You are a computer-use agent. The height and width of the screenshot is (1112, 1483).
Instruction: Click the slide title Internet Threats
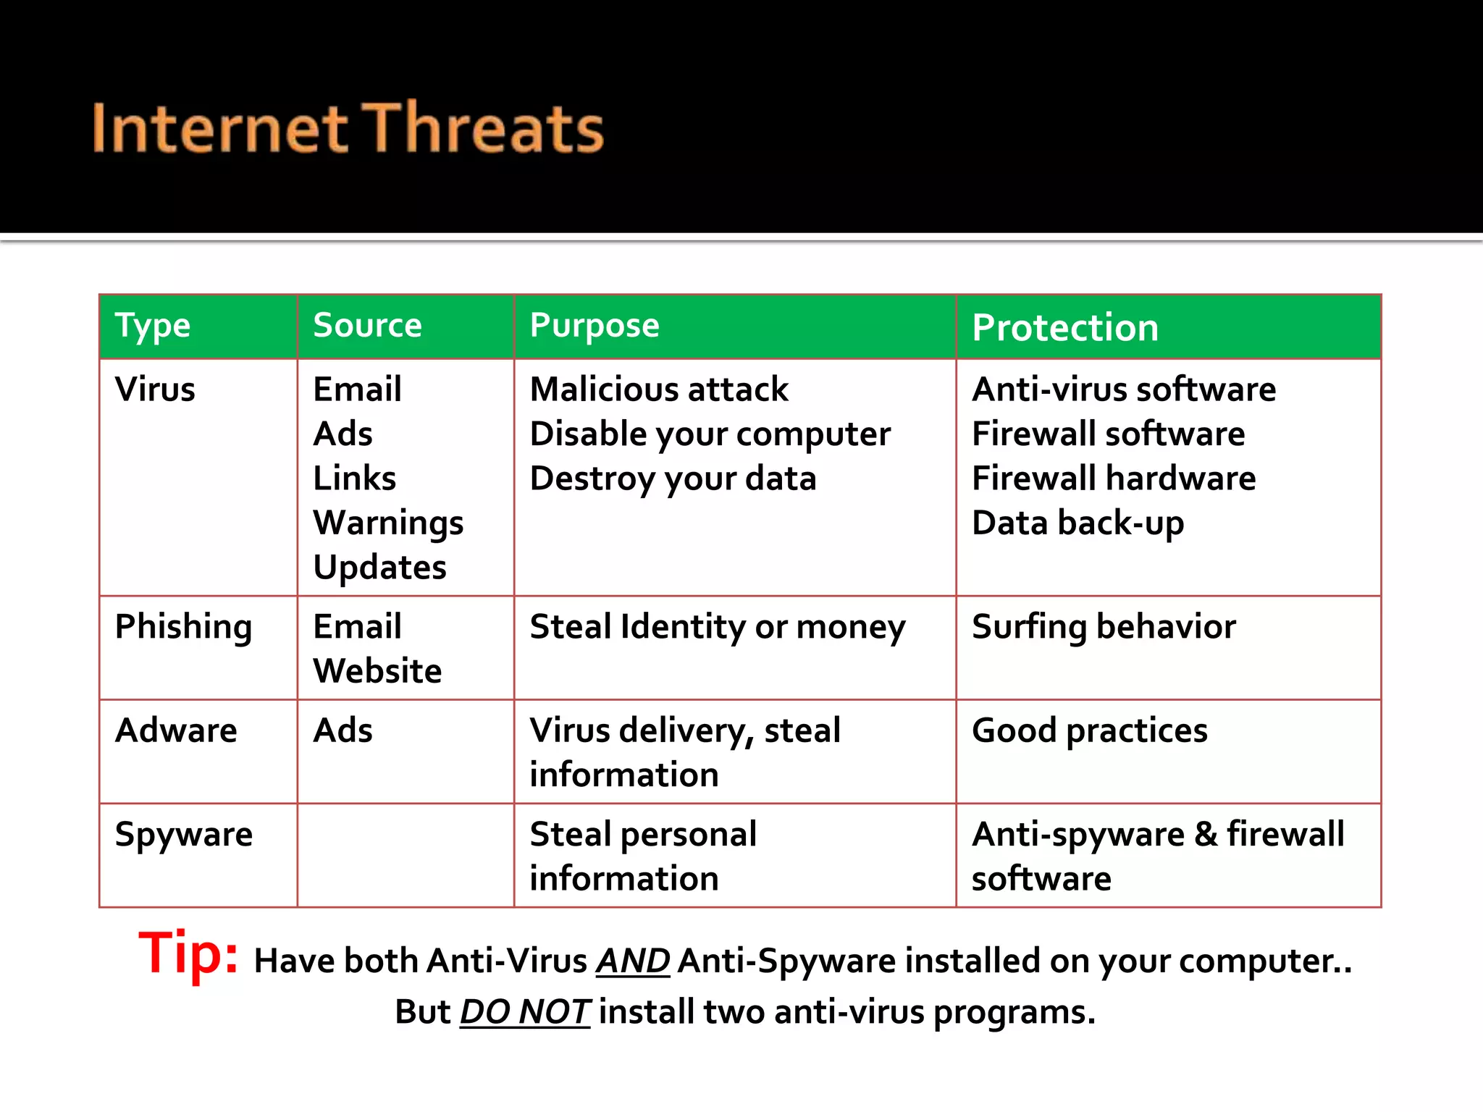(x=348, y=129)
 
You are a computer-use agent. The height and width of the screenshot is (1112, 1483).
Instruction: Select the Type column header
(x=153, y=327)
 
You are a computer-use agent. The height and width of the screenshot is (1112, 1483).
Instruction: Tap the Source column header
(x=367, y=326)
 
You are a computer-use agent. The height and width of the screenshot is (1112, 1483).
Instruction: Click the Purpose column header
(x=595, y=327)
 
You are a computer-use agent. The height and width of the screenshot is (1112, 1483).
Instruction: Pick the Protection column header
(x=1064, y=328)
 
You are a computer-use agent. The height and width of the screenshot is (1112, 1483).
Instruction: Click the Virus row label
(x=155, y=389)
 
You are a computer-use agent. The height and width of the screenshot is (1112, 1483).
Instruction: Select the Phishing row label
(x=183, y=627)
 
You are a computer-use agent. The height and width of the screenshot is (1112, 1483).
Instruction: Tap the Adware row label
(x=176, y=730)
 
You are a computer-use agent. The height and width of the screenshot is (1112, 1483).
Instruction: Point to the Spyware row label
(x=184, y=835)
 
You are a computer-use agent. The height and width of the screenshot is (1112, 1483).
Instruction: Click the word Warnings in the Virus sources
(x=388, y=523)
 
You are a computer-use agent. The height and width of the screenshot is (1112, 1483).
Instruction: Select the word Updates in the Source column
(x=379, y=568)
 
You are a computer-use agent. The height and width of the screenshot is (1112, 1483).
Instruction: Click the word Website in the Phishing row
(x=377, y=671)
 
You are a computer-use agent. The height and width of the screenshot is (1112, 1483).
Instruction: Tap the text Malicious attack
(x=659, y=389)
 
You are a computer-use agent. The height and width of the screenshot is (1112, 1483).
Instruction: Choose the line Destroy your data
(x=673, y=479)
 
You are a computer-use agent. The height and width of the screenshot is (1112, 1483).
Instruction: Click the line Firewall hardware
(x=1113, y=479)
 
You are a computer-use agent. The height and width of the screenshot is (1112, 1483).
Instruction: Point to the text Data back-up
(x=1077, y=523)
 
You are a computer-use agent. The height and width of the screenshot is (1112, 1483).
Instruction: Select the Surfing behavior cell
(x=1104, y=627)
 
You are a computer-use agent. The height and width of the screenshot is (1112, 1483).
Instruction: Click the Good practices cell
(x=1089, y=730)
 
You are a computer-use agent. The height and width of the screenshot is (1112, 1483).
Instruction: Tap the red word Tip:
(x=188, y=953)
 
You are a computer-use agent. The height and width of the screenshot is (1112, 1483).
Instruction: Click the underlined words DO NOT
(x=525, y=1012)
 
